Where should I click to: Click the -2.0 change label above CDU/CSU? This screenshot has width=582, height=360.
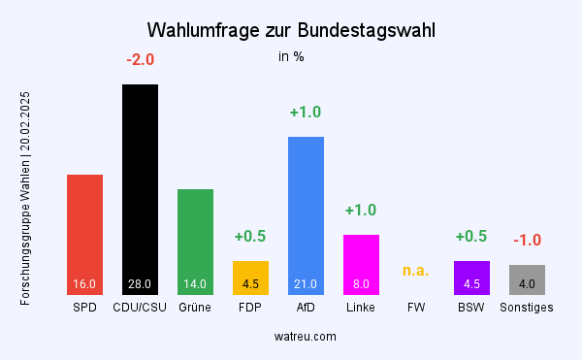[140, 60]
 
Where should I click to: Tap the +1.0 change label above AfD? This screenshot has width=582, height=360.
[306, 113]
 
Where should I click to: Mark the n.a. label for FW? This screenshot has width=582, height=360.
[416, 270]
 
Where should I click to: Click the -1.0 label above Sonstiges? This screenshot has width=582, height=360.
[527, 241]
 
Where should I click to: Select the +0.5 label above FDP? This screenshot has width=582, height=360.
[250, 237]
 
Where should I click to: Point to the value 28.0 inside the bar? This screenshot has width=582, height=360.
[140, 284]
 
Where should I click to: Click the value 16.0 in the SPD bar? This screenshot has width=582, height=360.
[84, 284]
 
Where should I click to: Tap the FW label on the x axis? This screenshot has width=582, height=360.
[416, 309]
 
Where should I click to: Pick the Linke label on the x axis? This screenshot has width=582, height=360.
[361, 309]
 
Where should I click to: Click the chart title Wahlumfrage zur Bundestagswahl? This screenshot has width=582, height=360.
[291, 30]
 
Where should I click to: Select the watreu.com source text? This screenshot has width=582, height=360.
[305, 336]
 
